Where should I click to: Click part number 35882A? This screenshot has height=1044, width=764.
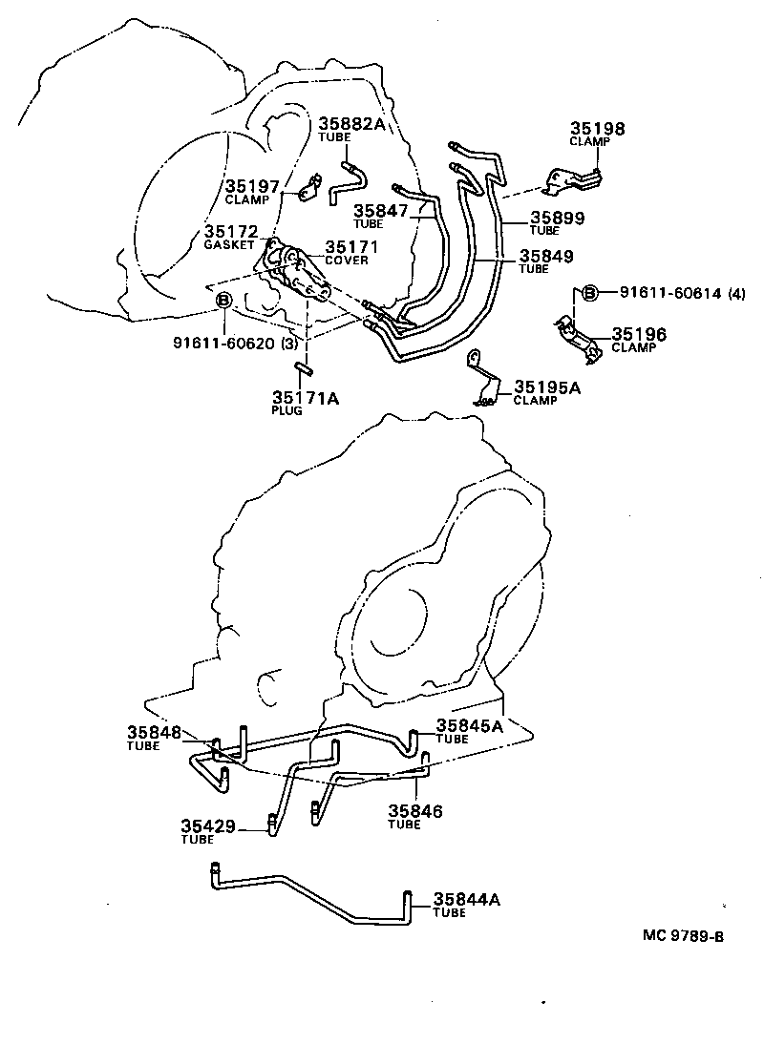(351, 123)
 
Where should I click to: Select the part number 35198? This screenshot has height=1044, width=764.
(598, 128)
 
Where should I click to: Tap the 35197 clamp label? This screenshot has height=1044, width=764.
(251, 186)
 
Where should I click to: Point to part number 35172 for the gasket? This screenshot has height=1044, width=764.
(230, 232)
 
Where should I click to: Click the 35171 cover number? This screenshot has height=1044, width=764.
(352, 247)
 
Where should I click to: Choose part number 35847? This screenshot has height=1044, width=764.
(380, 211)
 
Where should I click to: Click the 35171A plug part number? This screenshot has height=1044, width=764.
(305, 397)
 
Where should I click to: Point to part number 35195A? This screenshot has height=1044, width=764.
(548, 386)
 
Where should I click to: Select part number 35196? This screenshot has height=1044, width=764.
(639, 334)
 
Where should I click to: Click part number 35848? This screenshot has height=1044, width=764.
(154, 732)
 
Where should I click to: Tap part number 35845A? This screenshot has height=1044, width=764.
(470, 725)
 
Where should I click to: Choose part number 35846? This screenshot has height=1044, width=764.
(415, 811)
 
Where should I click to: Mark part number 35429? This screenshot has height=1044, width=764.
(208, 825)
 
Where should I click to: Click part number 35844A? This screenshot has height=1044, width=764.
(467, 899)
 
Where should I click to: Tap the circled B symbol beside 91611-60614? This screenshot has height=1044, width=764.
(589, 293)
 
